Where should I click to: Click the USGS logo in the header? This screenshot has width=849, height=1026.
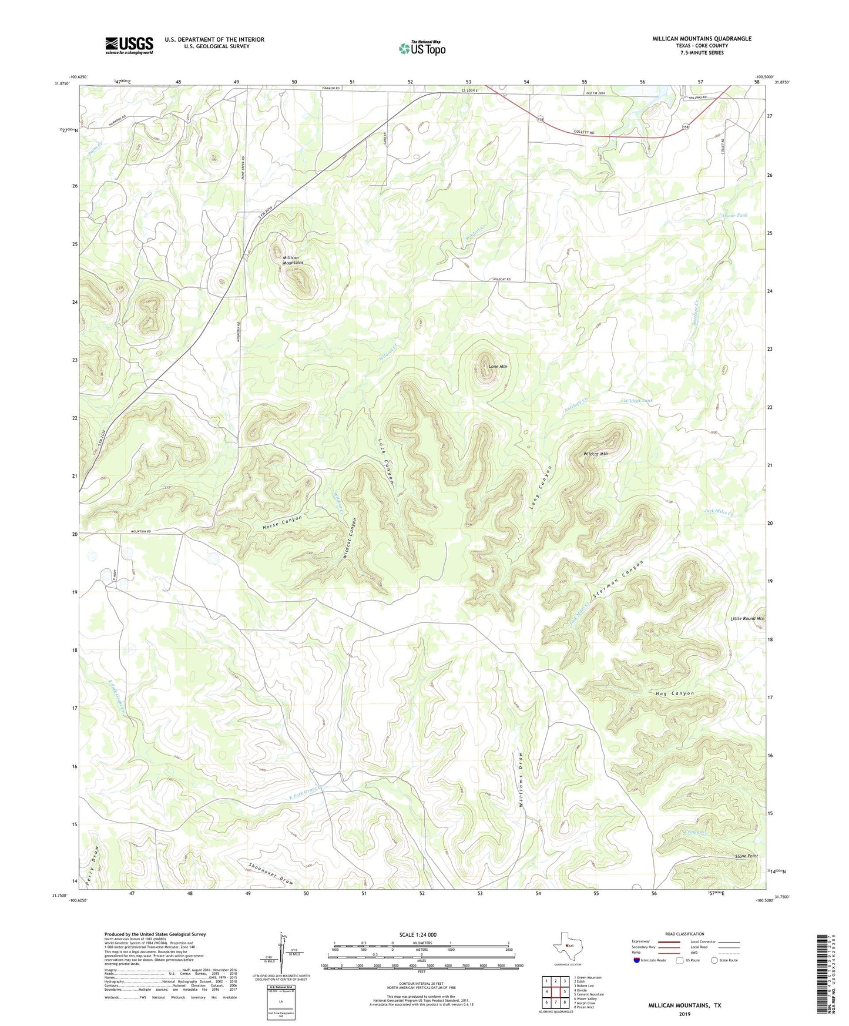coord(129,45)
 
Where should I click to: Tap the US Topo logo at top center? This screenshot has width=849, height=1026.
coord(421,48)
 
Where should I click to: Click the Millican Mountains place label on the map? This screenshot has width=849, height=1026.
coord(291,260)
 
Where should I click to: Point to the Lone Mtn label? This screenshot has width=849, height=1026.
coord(498,367)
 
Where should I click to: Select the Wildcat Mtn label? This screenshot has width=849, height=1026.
coord(595,454)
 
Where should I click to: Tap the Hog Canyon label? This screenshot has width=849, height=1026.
coord(674,693)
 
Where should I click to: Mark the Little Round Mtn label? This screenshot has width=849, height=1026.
coord(747,619)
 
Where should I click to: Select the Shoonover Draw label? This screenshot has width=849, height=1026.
coord(270,874)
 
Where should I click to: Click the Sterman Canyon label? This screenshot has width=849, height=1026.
coord(618,579)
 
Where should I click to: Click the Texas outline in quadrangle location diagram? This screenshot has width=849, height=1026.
coord(566,945)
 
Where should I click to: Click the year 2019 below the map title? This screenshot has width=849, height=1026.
coord(684,1014)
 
